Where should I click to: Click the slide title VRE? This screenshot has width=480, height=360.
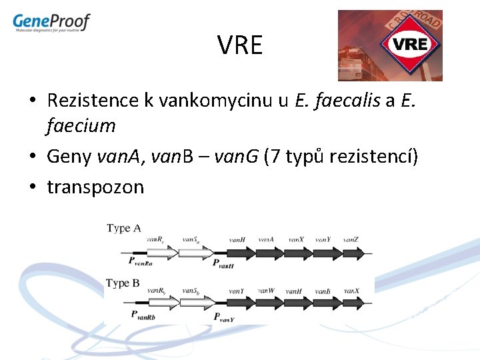pos(240,46)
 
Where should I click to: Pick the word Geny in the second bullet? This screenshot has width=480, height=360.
pos(70,157)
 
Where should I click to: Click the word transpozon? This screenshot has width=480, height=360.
pos(95,187)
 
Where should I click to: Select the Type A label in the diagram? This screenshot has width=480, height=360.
pos(124,228)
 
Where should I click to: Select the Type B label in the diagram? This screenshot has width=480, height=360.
pos(123,283)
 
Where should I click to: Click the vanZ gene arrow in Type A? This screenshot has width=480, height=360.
pos(351,253)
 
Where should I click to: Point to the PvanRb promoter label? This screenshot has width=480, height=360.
pos(142,315)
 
